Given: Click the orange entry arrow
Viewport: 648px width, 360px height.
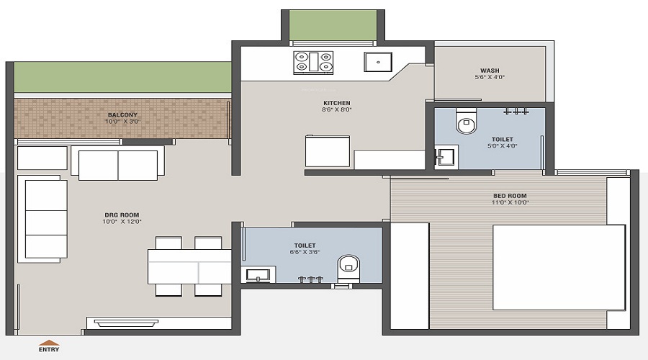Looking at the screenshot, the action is [49, 343].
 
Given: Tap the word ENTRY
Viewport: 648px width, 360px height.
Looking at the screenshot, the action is [49, 350].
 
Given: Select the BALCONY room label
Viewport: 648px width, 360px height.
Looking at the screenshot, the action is [122, 115].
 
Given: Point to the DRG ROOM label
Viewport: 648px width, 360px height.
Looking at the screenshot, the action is [122, 215].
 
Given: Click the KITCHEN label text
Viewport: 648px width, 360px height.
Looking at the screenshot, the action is [337, 103].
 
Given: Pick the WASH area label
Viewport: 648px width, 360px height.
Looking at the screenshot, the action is [490, 71].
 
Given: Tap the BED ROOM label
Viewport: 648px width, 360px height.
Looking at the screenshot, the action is [510, 196].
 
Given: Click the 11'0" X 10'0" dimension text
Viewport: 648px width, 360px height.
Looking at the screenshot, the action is [510, 202].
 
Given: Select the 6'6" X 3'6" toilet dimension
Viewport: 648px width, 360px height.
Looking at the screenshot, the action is [305, 252].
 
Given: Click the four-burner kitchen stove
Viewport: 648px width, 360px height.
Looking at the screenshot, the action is [313, 63].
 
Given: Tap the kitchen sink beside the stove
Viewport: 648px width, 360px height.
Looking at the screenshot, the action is [378, 62].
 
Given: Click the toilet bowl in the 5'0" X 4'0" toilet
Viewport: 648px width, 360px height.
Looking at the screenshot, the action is [466, 121].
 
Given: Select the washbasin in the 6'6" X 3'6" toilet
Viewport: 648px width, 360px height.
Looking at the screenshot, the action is [258, 274].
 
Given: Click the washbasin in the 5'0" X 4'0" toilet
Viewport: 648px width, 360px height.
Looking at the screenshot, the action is [446, 157].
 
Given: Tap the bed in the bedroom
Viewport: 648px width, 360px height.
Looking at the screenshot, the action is [559, 267].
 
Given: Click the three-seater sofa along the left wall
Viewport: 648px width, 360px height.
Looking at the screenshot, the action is [42, 219].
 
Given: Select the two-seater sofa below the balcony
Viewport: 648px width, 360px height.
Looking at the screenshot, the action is [118, 163].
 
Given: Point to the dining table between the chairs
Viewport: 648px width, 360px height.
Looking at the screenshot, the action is [189, 266].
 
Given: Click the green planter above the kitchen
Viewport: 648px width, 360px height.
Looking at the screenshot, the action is [333, 25].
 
